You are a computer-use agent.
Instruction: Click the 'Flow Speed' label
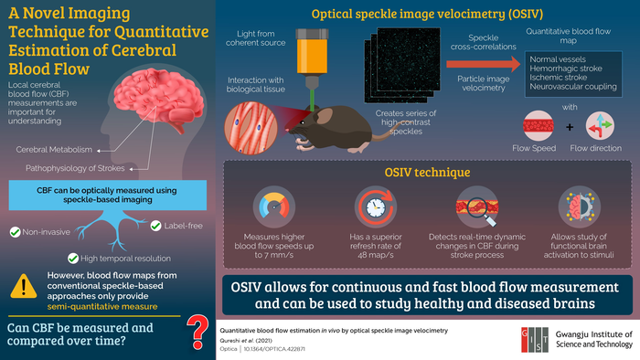click(541, 146)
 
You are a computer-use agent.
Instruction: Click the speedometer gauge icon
click(268, 206)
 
